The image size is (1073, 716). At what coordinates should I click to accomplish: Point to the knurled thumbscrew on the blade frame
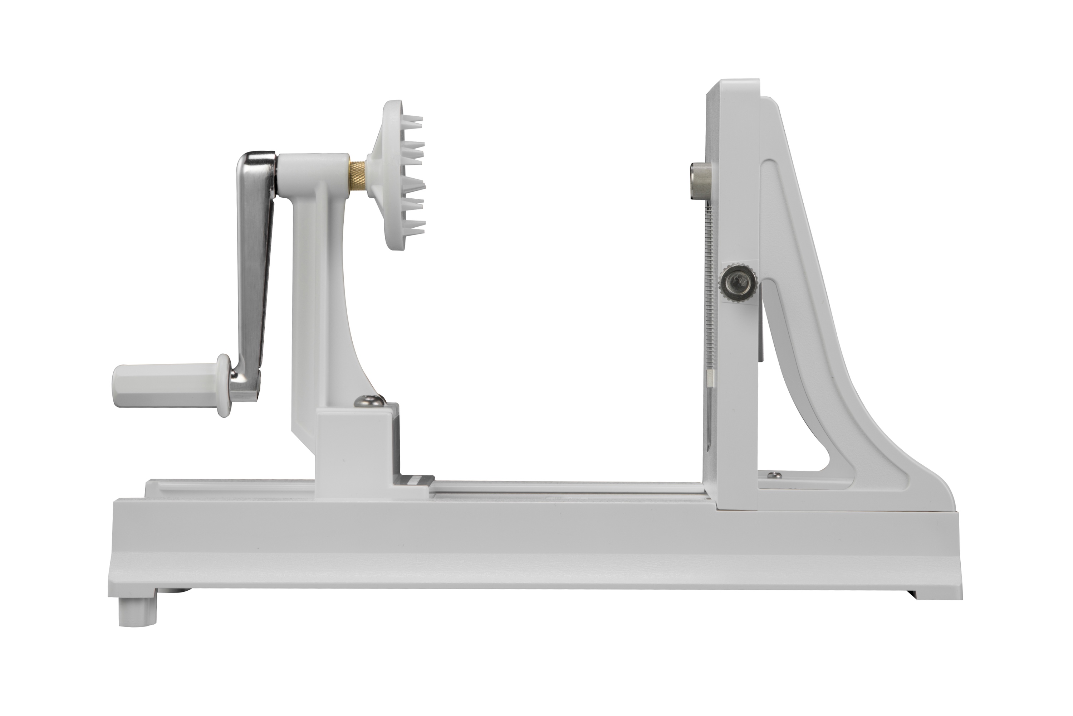[x=737, y=284]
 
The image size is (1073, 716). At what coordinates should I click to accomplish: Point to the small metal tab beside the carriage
[x=416, y=480]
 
